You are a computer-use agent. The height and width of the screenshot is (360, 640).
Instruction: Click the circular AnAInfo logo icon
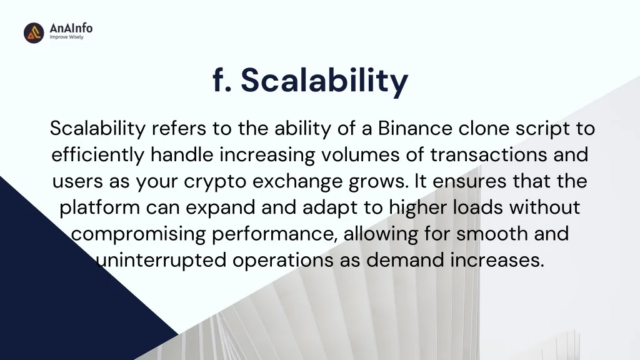click(x=34, y=32)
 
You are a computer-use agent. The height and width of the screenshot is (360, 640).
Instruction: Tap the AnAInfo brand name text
click(x=71, y=28)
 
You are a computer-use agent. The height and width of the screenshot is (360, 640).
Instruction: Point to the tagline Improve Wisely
click(x=66, y=37)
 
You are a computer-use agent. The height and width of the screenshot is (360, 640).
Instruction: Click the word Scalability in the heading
click(x=324, y=81)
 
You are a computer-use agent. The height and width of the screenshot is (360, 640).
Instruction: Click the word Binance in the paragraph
click(x=415, y=128)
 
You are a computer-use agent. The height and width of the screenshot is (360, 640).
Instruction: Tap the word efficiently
click(x=98, y=155)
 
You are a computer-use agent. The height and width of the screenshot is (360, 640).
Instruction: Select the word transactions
click(x=489, y=155)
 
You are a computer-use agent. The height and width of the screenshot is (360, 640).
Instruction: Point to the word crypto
click(x=215, y=182)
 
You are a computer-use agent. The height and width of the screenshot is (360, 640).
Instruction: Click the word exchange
click(x=297, y=181)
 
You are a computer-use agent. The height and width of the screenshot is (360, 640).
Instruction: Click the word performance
click(x=275, y=234)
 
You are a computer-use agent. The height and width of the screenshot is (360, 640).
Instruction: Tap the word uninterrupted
click(x=161, y=261)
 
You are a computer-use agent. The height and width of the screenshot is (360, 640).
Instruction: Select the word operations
click(x=283, y=261)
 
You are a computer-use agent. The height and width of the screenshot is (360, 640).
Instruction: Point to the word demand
click(x=405, y=260)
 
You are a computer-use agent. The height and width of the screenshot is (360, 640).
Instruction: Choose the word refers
click(x=179, y=128)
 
